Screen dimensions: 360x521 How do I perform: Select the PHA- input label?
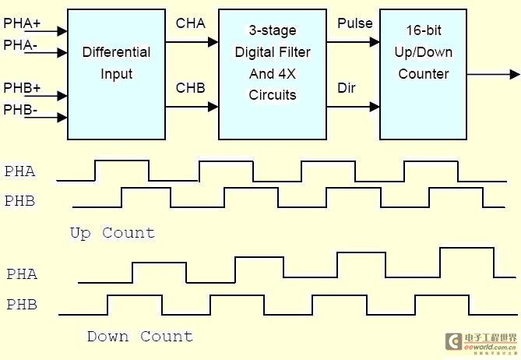(x=20, y=45)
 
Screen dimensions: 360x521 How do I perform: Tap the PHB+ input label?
(x=22, y=86)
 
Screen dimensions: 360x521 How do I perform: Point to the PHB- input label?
(x=20, y=109)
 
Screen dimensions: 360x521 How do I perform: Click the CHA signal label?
(x=191, y=23)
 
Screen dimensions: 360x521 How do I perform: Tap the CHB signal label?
(x=191, y=87)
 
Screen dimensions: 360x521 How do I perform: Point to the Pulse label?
(x=355, y=23)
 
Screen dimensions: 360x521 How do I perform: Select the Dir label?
(x=347, y=87)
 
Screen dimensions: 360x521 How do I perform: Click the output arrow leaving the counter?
(x=494, y=74)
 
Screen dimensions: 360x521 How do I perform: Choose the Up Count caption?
(x=112, y=232)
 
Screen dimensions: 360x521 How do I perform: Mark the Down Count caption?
(x=139, y=336)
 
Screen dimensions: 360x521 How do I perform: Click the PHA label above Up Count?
(x=20, y=171)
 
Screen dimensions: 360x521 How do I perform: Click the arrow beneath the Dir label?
(x=353, y=106)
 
